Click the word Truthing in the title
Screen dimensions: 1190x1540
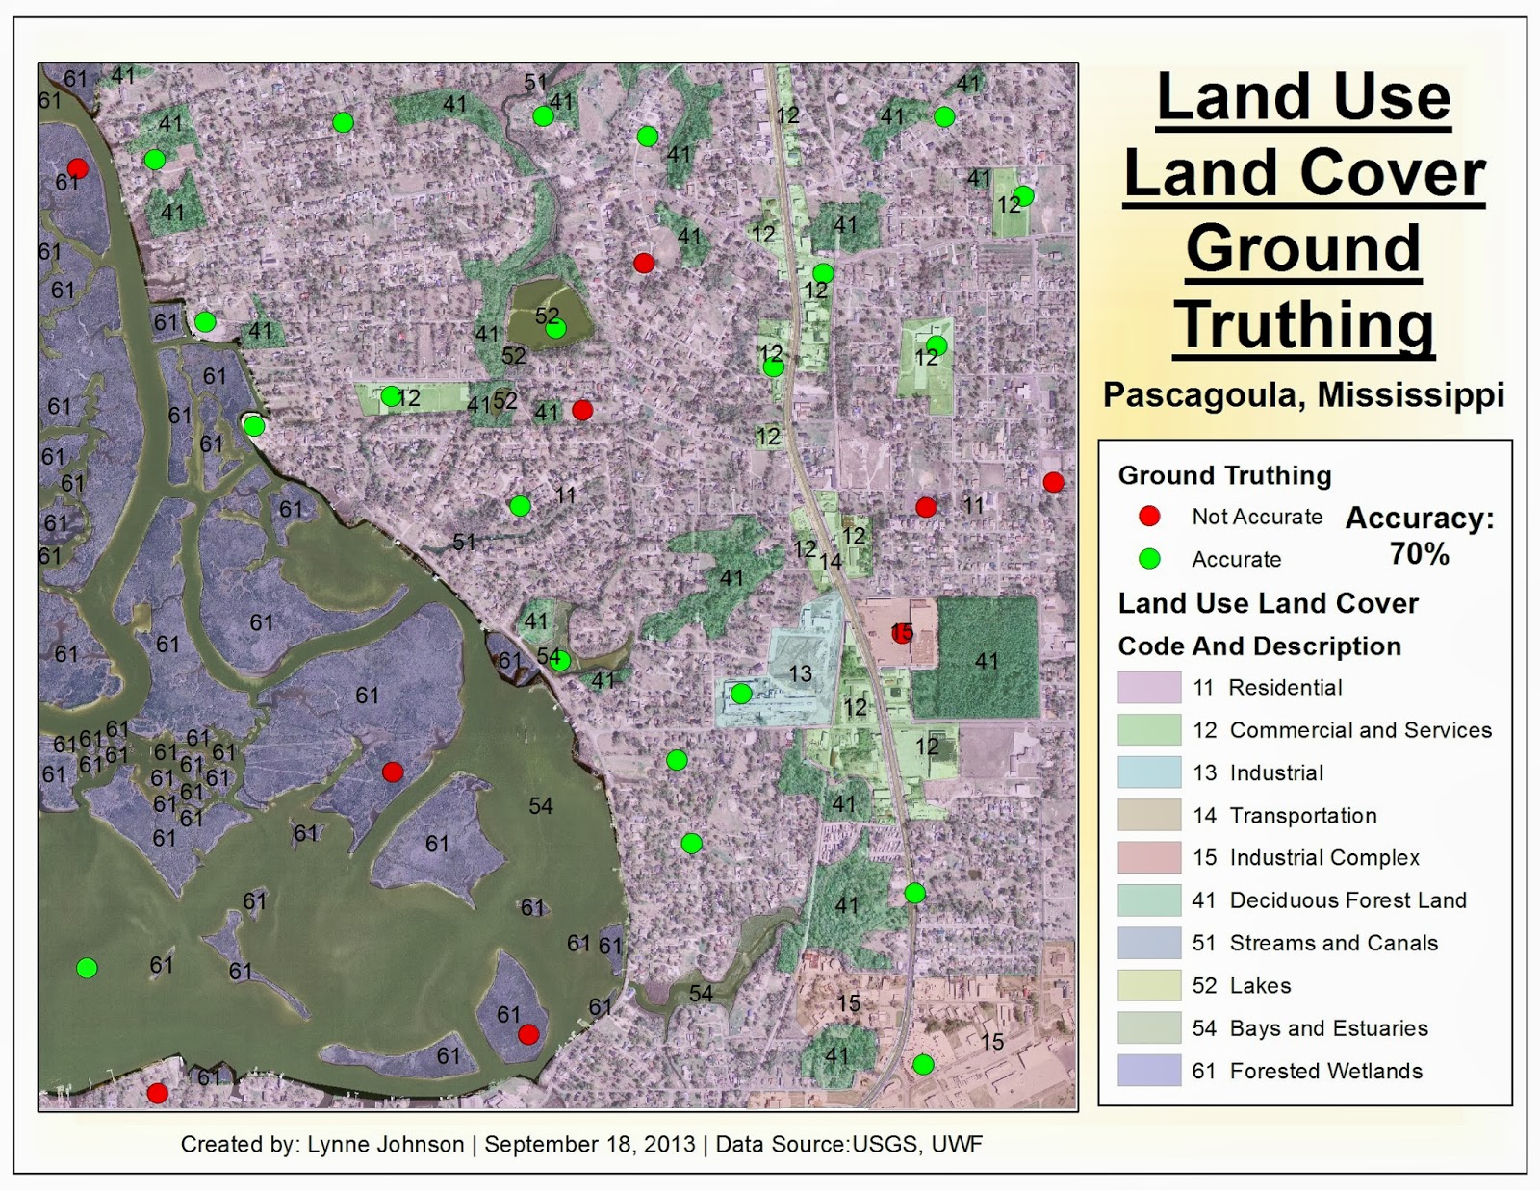[1303, 325]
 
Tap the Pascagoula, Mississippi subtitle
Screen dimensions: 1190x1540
[1303, 394]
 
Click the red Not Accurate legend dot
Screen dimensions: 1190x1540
[1149, 517]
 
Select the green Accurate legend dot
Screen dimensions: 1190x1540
[1149, 559]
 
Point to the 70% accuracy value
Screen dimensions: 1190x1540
[1419, 554]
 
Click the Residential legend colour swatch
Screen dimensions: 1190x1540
[1149, 688]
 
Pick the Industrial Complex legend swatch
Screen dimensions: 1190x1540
[1149, 857]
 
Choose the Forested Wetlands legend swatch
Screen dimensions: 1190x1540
[1149, 1071]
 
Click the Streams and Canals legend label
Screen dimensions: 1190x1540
[1333, 943]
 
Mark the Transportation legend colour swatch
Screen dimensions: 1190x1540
[1149, 815]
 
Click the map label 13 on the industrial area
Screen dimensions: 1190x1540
[801, 673]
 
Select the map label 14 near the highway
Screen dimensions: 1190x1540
[831, 560]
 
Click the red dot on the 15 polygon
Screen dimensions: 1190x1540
[902, 632]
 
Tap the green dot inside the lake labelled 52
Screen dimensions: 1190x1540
[555, 329]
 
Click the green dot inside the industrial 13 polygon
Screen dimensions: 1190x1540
[741, 694]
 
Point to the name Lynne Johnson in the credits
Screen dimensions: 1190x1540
[385, 1144]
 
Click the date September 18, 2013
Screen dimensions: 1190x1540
[589, 1144]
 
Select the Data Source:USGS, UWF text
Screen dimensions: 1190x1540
[849, 1144]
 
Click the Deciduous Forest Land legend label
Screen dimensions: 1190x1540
[1347, 900]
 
